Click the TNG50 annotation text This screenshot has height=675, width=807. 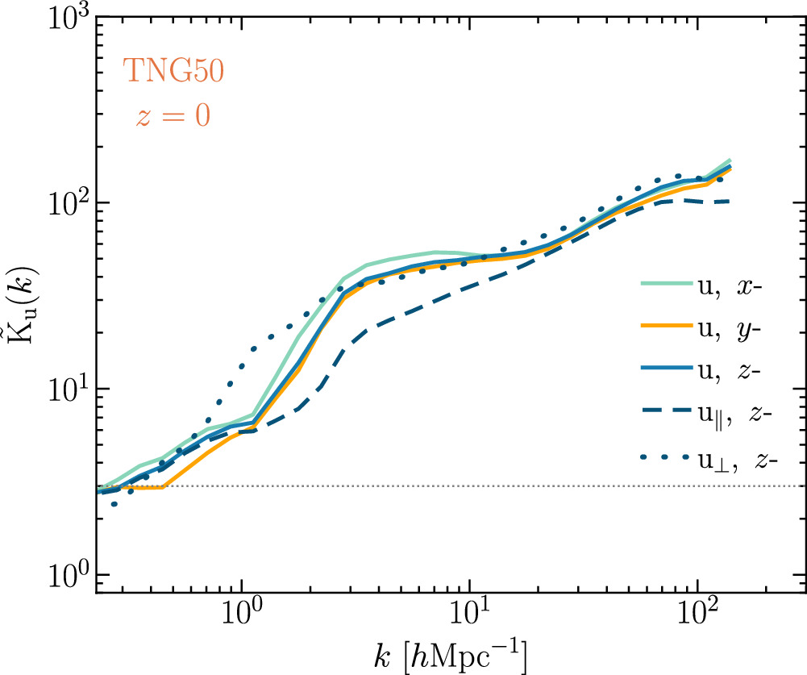click(173, 71)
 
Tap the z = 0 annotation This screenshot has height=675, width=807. click(173, 115)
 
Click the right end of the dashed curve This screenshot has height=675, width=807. click(729, 201)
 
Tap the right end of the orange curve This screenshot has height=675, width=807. click(730, 169)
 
